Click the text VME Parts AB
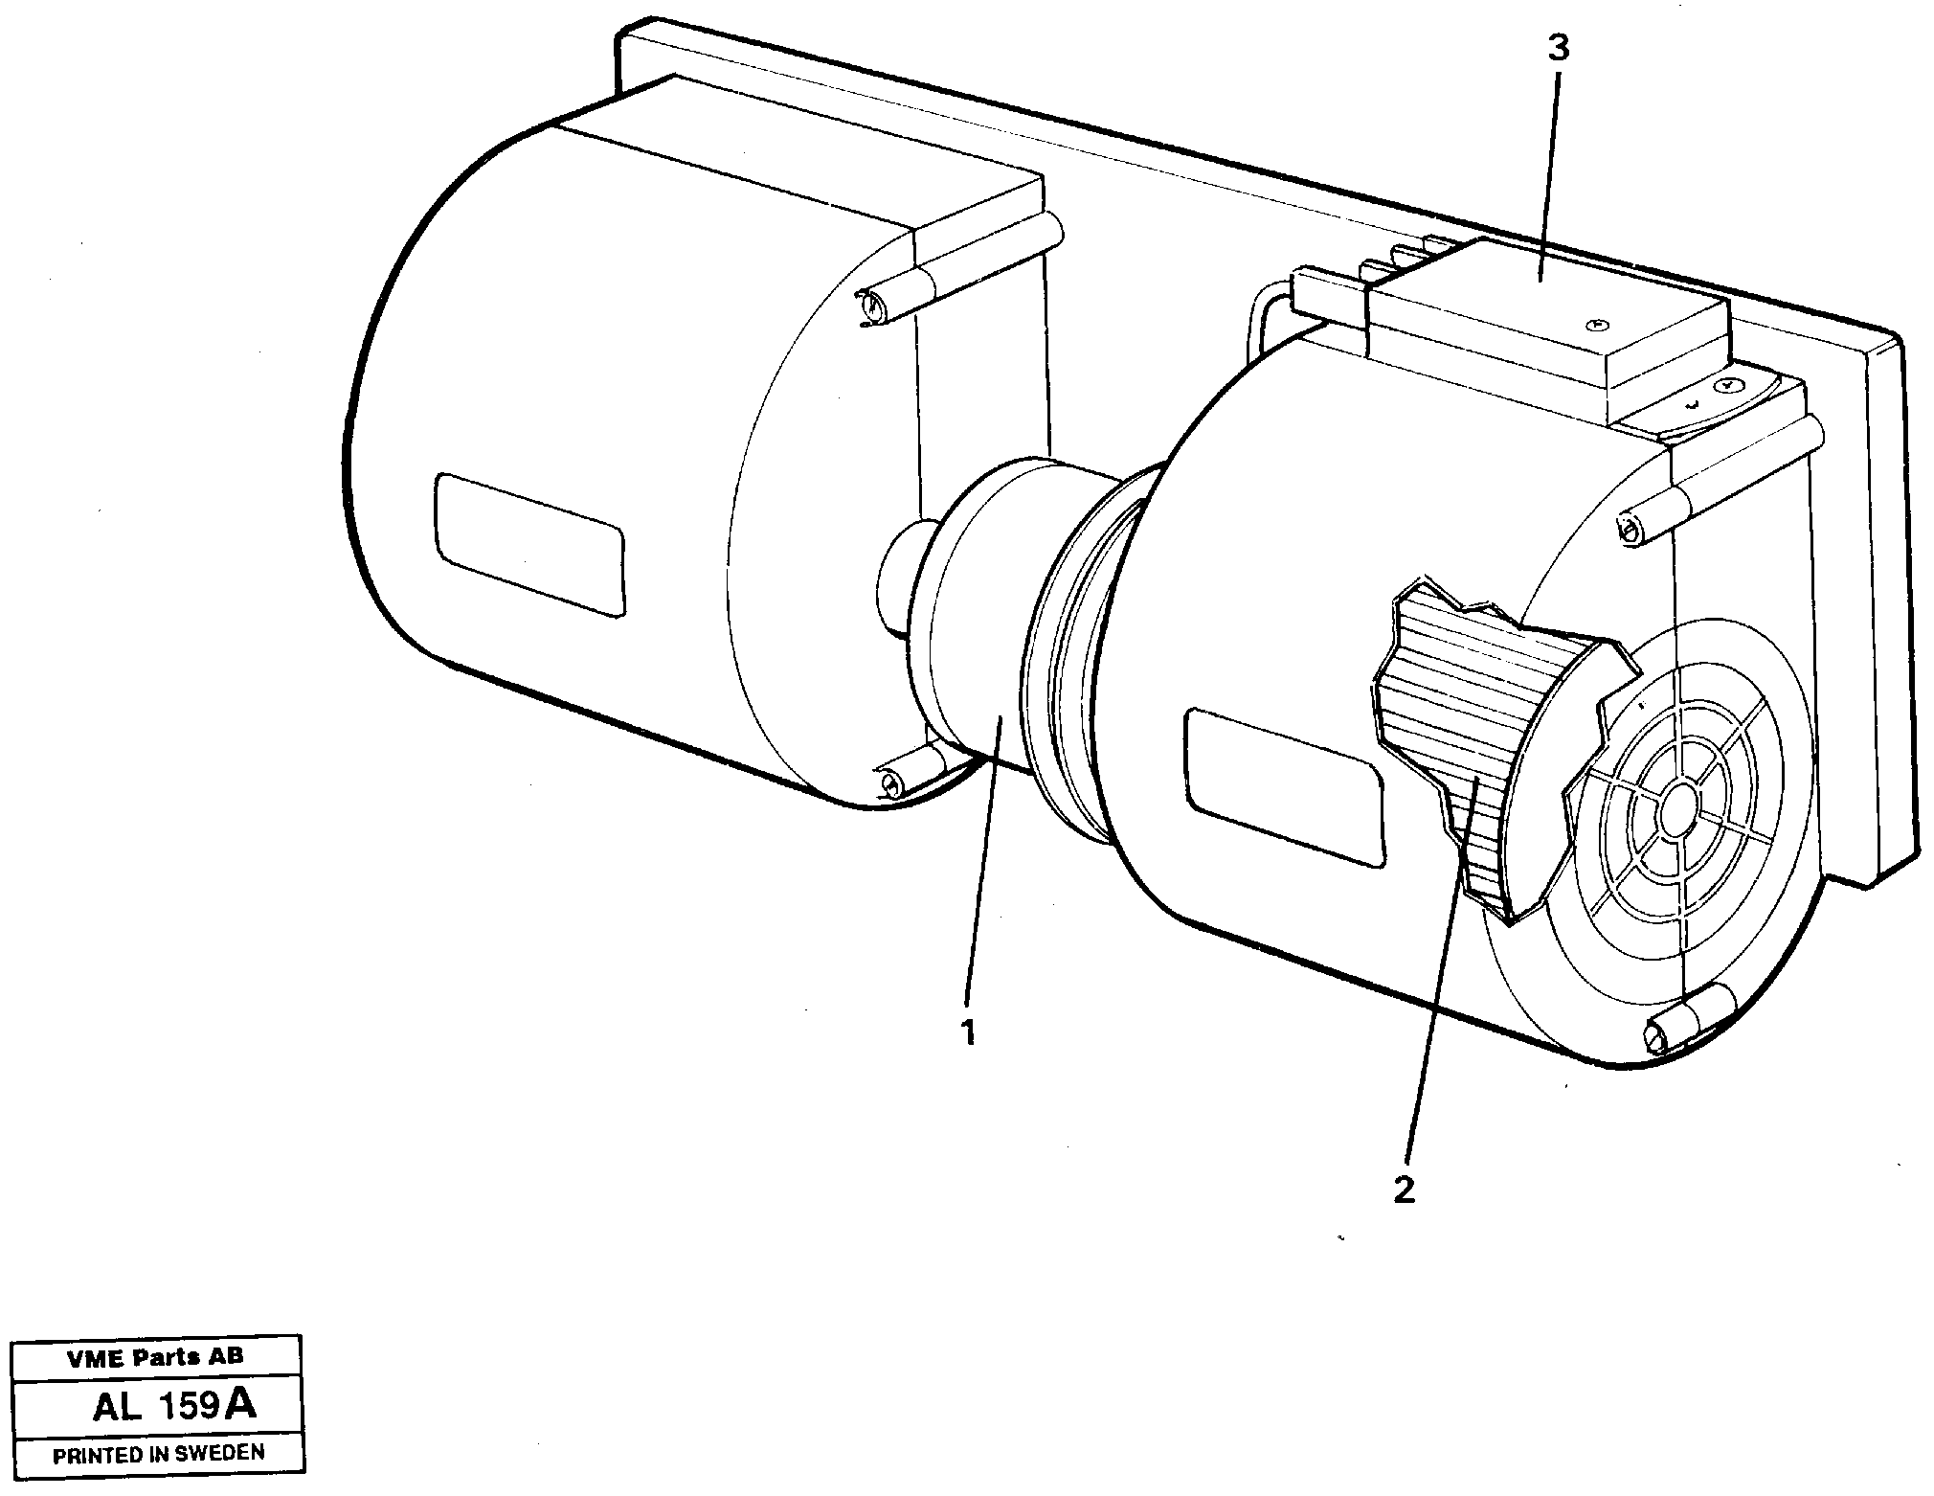(155, 1356)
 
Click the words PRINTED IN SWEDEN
(158, 1453)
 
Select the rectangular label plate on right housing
(1283, 787)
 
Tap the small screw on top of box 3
(1594, 326)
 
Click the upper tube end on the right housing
(1628, 528)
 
